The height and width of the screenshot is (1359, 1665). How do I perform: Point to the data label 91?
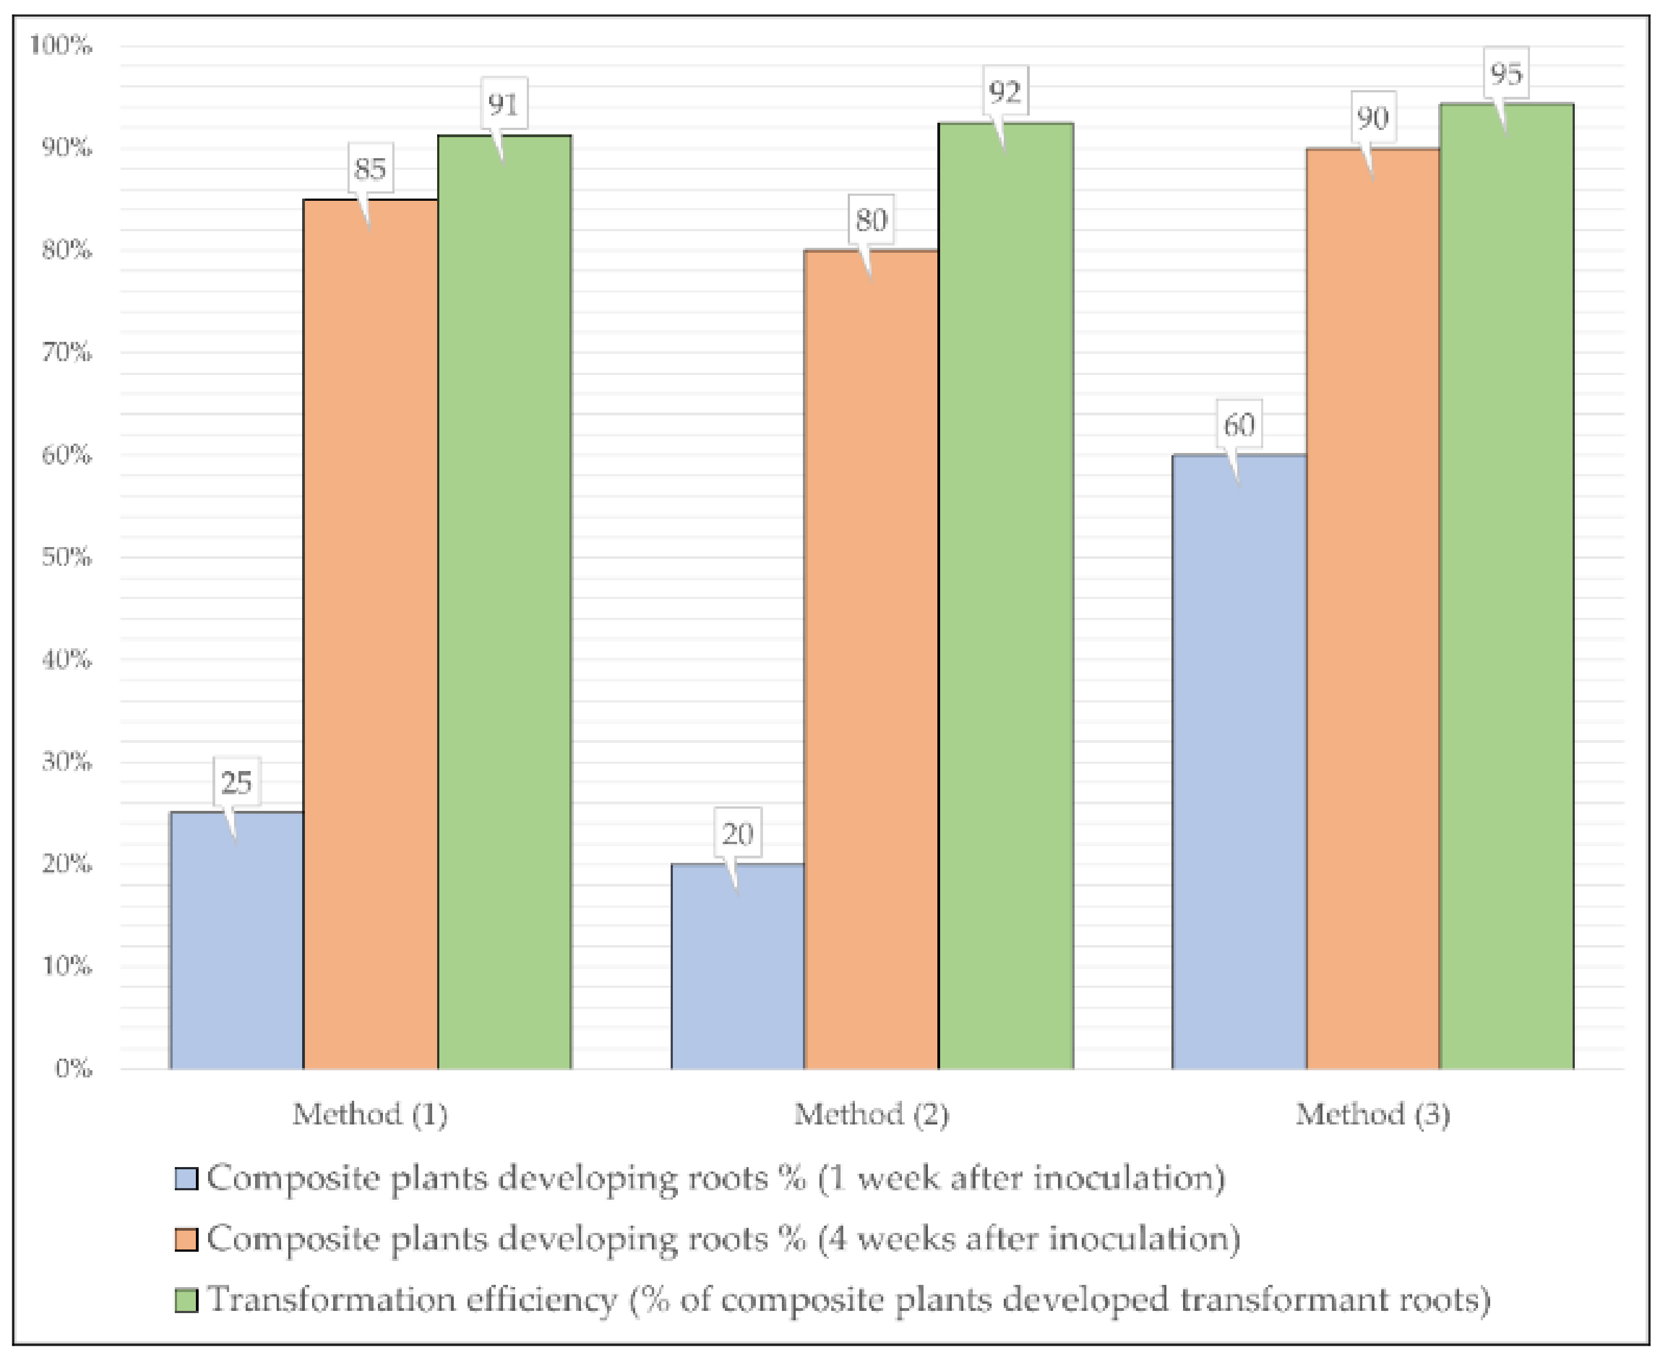503,104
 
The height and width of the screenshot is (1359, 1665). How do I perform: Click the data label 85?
370,168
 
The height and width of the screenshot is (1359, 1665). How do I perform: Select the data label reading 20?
737,834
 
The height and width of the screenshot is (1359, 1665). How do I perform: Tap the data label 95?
1505,74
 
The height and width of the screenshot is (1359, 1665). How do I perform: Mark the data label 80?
871,220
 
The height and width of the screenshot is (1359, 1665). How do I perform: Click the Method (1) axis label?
370,1114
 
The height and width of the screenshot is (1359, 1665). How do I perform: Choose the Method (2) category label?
871,1114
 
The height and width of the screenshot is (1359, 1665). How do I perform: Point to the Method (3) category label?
1372,1114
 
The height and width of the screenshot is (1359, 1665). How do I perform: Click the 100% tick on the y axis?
61,45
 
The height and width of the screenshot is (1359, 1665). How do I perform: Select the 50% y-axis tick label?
66,558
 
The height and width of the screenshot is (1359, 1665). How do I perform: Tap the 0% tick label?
73,1069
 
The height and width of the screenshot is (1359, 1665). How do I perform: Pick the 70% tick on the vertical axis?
66,352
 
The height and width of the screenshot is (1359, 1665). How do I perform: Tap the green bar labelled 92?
1005,595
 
